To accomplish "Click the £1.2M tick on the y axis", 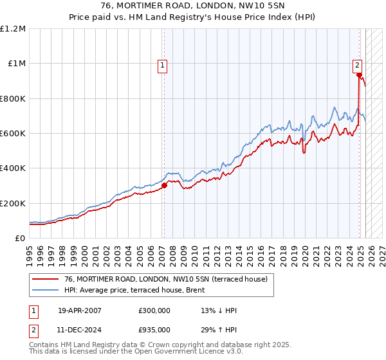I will (13, 28).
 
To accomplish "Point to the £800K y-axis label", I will (13, 98).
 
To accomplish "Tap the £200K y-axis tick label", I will (13, 203).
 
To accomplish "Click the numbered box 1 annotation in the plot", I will (163, 64).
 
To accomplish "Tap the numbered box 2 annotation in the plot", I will (357, 64).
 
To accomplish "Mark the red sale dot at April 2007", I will (164, 186).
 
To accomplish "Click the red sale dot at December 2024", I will (358, 75).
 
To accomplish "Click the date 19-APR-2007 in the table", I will (80, 310).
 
